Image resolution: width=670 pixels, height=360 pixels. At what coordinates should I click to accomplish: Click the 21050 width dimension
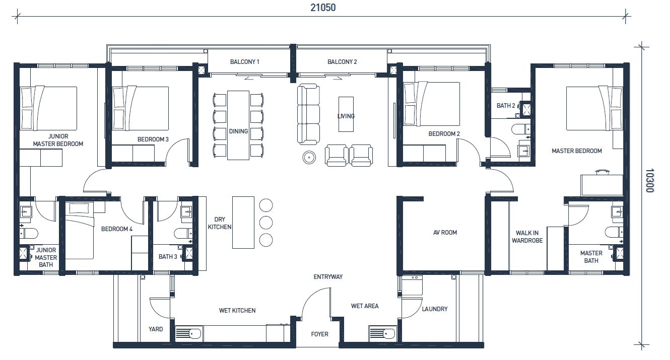coord(323,8)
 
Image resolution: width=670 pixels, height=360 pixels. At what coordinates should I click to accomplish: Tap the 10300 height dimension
coord(650,181)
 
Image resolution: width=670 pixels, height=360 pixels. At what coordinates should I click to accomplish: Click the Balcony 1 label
coord(245,62)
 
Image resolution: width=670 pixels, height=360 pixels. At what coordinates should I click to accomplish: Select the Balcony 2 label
coord(342,62)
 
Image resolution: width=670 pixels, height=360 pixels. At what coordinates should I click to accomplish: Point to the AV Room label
coord(445,232)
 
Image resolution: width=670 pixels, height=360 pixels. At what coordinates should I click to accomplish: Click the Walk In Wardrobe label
coord(527,237)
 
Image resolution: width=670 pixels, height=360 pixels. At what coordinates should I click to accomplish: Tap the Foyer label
coord(319,334)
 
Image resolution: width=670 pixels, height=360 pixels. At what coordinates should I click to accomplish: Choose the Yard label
coord(156,329)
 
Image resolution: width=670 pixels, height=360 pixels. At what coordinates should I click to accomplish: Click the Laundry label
coord(435,309)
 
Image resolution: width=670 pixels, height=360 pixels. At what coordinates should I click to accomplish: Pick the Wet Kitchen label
coord(237,310)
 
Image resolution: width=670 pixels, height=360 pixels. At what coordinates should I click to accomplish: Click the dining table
coord(238,125)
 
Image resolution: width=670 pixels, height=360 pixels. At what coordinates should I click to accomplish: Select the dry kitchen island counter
coord(243,223)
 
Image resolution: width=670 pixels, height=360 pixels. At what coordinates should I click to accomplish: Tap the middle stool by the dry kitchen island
coord(266,223)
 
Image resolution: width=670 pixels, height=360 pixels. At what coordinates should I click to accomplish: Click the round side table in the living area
coord(309,157)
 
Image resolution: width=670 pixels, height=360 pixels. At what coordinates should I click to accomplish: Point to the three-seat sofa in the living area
coord(308,114)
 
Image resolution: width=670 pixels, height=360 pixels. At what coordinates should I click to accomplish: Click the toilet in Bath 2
coord(521,129)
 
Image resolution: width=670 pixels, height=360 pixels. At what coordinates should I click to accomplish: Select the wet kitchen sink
coord(188,333)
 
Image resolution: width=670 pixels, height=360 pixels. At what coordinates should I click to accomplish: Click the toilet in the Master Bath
coord(614,232)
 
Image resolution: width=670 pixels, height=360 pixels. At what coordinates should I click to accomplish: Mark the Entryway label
coord(328,277)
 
